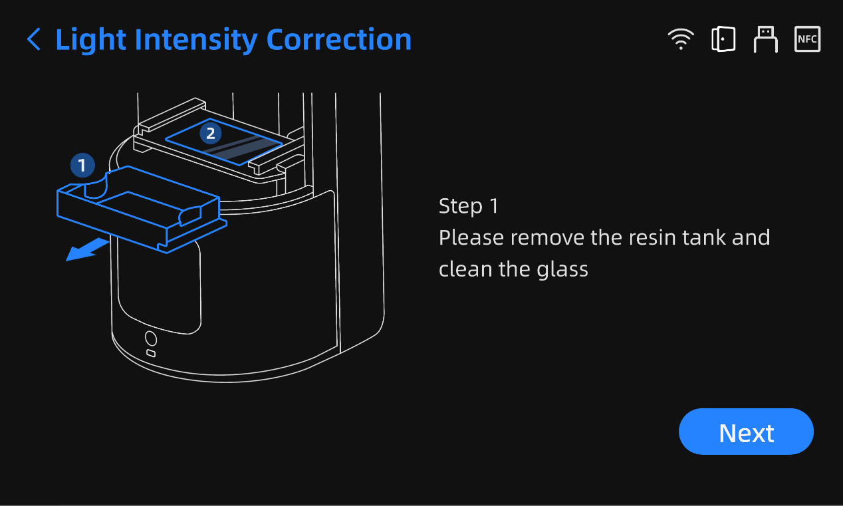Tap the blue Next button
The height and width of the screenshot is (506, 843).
[x=746, y=432]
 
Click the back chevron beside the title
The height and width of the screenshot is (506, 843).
[x=33, y=40]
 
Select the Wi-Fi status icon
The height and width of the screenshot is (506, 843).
[x=681, y=40]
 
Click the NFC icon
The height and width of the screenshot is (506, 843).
[x=807, y=39]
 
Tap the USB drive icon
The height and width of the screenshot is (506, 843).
[x=765, y=40]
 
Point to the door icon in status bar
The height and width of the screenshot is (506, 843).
[x=723, y=39]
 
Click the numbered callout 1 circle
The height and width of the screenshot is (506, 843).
[x=82, y=165]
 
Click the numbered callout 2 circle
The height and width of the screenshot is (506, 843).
[x=211, y=134]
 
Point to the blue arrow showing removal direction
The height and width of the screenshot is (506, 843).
[x=86, y=250]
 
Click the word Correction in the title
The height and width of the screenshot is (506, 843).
[x=338, y=40]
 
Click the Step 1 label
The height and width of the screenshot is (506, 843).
[x=468, y=206]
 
